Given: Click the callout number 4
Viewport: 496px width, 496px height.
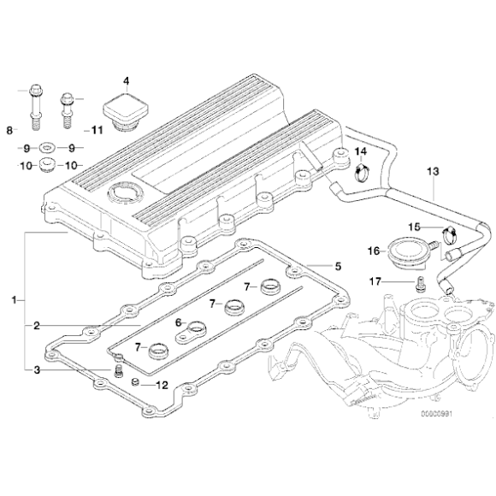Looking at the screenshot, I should (x=126, y=81).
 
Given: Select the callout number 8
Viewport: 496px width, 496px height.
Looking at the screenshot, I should (x=10, y=130).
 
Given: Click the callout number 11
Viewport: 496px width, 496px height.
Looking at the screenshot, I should (x=97, y=130).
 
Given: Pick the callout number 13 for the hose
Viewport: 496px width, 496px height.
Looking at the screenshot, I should (x=433, y=172).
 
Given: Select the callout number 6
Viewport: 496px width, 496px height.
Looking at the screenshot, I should (x=178, y=322).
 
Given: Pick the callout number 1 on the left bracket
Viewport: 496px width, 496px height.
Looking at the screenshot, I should (x=14, y=301).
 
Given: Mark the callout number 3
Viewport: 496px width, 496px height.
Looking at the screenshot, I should (x=37, y=369).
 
